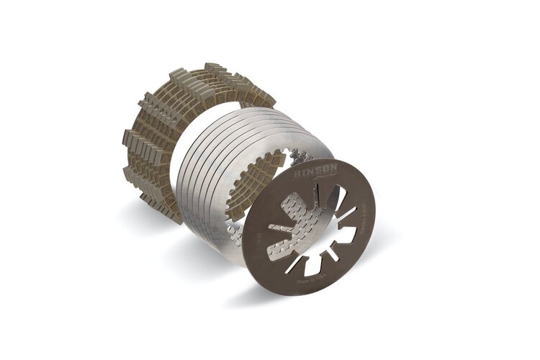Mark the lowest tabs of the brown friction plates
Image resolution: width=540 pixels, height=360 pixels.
[173, 216]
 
